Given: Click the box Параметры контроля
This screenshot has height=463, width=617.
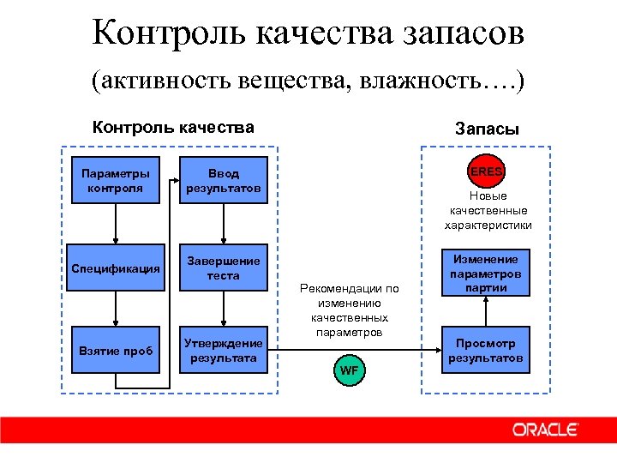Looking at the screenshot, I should [x=116, y=180].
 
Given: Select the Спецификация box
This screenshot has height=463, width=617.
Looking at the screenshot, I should [x=116, y=268].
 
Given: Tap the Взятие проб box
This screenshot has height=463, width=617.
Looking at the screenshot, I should [x=116, y=351].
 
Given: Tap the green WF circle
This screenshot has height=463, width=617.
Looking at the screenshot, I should [x=349, y=370].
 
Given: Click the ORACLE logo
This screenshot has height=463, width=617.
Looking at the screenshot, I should [x=545, y=430].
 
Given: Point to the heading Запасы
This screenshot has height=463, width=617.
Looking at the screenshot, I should [x=487, y=129].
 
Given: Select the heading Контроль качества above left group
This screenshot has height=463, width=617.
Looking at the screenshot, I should [x=173, y=128].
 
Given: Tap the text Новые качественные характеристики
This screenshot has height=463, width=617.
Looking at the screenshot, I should [x=488, y=211].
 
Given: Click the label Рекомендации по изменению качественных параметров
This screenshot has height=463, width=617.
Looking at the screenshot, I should [x=350, y=310].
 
